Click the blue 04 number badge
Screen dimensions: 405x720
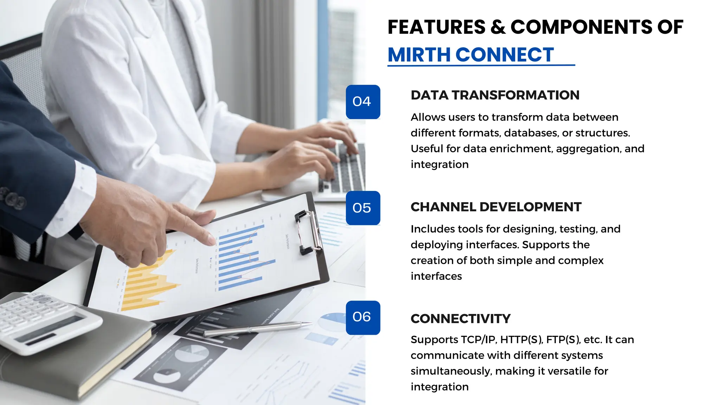[363, 102]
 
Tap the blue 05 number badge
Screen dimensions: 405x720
[363, 208]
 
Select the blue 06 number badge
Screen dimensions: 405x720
[363, 317]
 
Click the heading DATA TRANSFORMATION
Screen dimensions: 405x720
[495, 95]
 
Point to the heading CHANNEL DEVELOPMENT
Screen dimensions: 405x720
[496, 207]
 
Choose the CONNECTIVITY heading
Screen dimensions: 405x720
[460, 319]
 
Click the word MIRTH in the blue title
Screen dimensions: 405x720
[419, 55]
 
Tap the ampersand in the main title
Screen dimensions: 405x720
[498, 27]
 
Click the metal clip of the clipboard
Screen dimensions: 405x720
[308, 232]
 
